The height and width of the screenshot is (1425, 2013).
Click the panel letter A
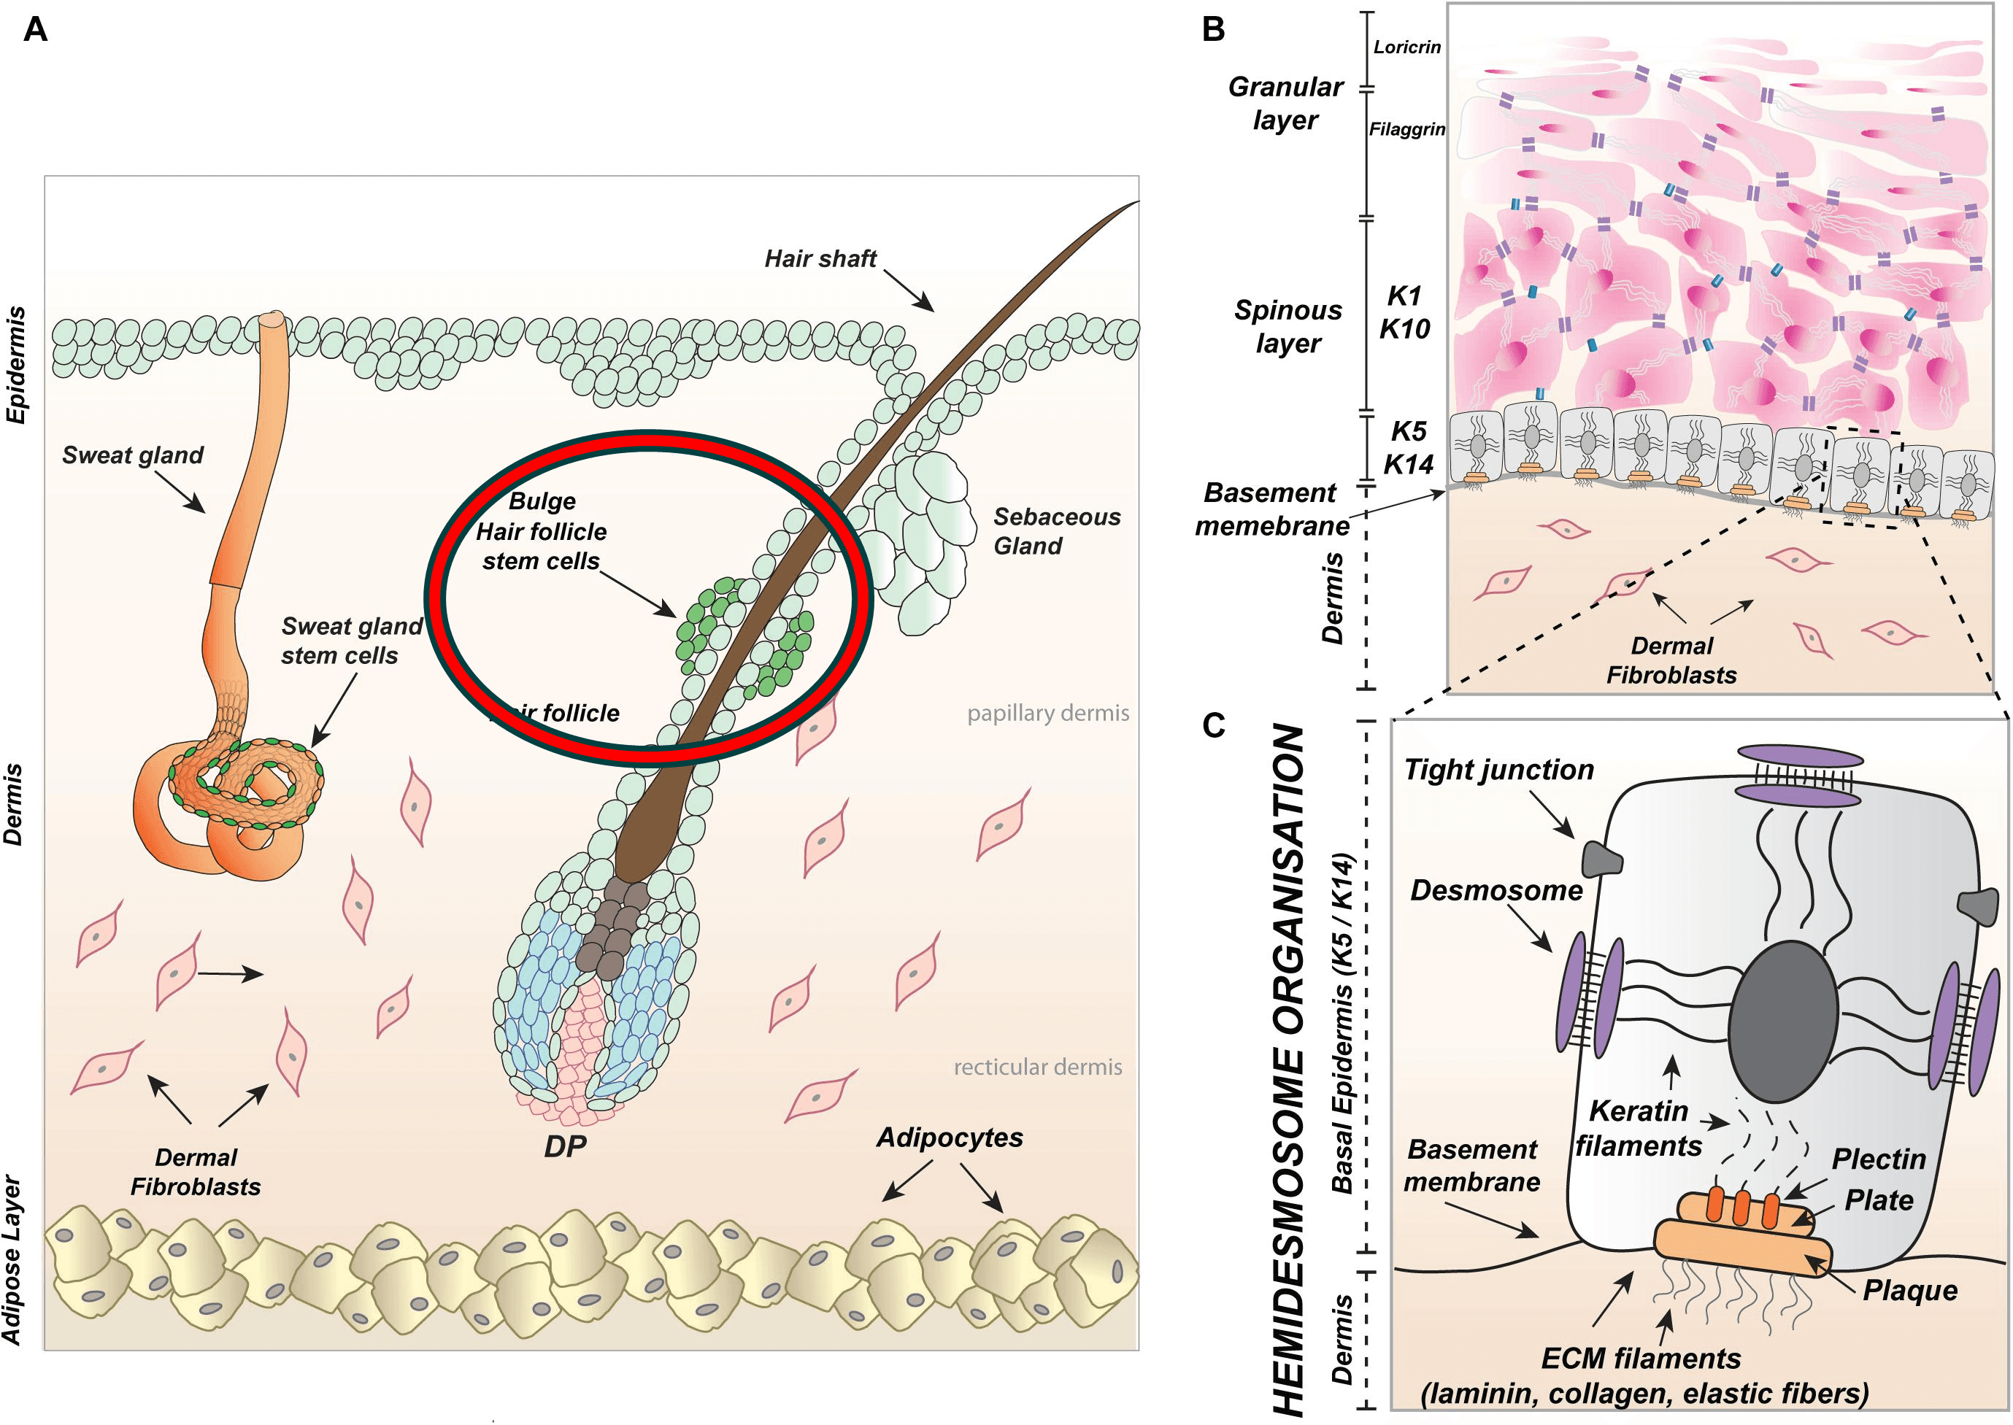click(35, 30)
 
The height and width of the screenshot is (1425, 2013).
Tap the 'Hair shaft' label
click(820, 259)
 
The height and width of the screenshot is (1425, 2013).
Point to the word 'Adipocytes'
click(950, 1138)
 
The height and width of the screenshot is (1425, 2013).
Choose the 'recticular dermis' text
click(1037, 1067)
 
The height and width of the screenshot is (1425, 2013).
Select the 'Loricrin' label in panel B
click(1406, 47)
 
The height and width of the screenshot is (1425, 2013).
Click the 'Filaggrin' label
click(1406, 129)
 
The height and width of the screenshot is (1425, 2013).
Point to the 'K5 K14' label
click(1407, 447)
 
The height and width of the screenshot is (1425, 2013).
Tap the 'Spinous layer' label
click(1288, 326)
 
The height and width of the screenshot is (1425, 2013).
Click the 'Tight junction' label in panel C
click(1498, 770)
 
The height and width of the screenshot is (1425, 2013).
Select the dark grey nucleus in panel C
click(1783, 1022)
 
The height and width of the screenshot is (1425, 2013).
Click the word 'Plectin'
click(1879, 1159)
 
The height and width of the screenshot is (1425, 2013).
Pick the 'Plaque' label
click(1910, 1290)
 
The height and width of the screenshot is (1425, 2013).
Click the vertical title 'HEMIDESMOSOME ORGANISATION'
click(1288, 1070)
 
